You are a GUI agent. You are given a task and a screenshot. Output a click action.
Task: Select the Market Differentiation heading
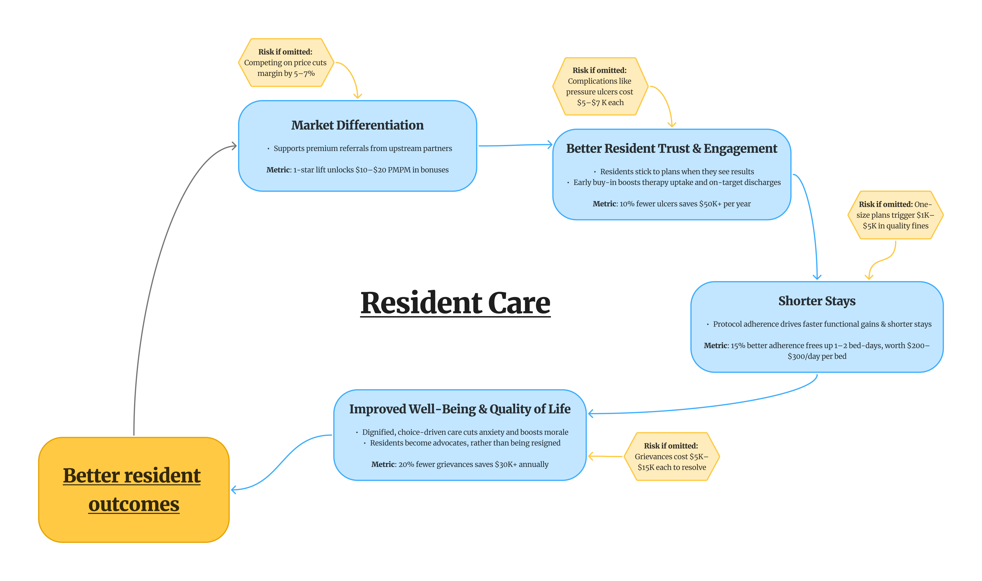[357, 125]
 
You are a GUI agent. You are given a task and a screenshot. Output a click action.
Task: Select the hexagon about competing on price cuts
[286, 63]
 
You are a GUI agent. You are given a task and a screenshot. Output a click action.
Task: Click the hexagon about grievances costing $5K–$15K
[671, 457]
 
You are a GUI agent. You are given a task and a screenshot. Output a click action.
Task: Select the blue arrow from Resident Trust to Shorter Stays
[812, 219]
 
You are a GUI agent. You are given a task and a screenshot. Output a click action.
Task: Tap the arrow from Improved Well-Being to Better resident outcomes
[282, 462]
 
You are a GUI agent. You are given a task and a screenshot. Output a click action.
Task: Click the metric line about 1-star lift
[357, 170]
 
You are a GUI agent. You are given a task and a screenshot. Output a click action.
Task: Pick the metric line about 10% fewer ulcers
[671, 204]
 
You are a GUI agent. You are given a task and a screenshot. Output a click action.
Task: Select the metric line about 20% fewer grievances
[460, 464]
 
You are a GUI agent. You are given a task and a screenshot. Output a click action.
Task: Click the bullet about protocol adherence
[822, 324]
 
